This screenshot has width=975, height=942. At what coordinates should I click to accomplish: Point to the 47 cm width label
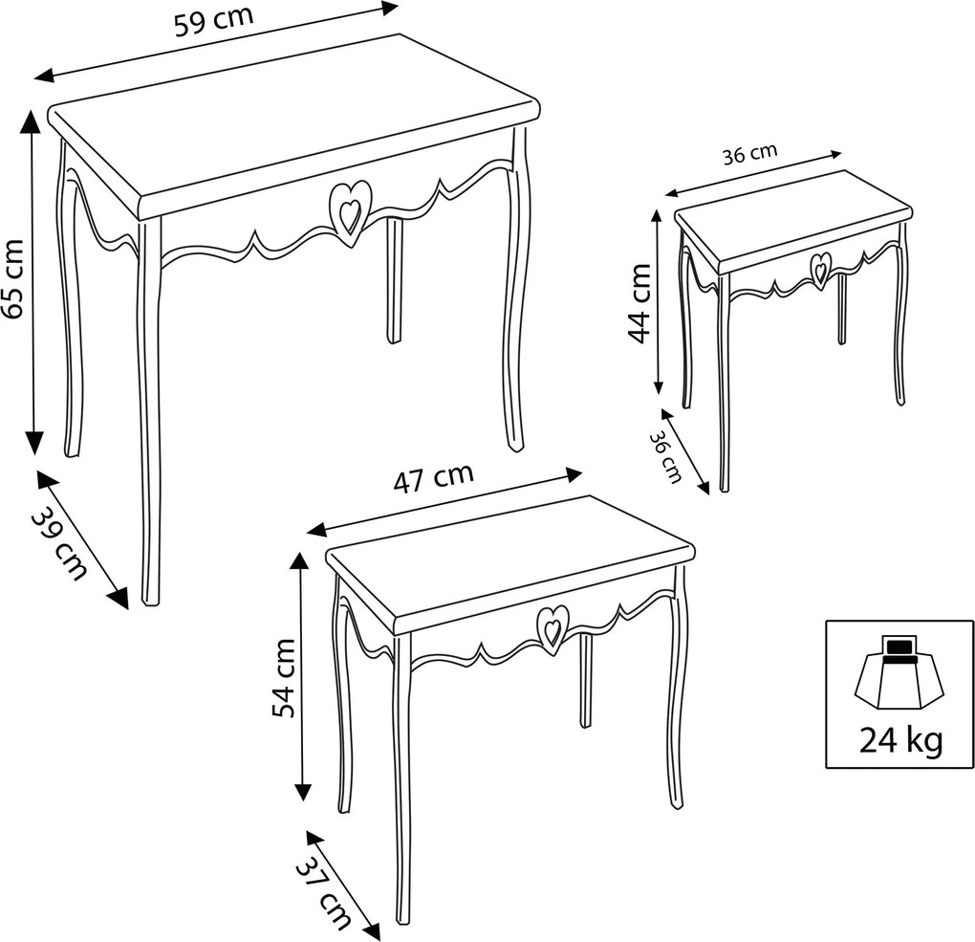tap(433, 477)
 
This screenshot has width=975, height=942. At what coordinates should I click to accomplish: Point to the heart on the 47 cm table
tap(552, 628)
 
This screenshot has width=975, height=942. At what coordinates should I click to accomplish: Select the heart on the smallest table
tap(819, 270)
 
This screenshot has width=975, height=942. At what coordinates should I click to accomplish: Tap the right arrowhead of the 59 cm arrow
tap(389, 8)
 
